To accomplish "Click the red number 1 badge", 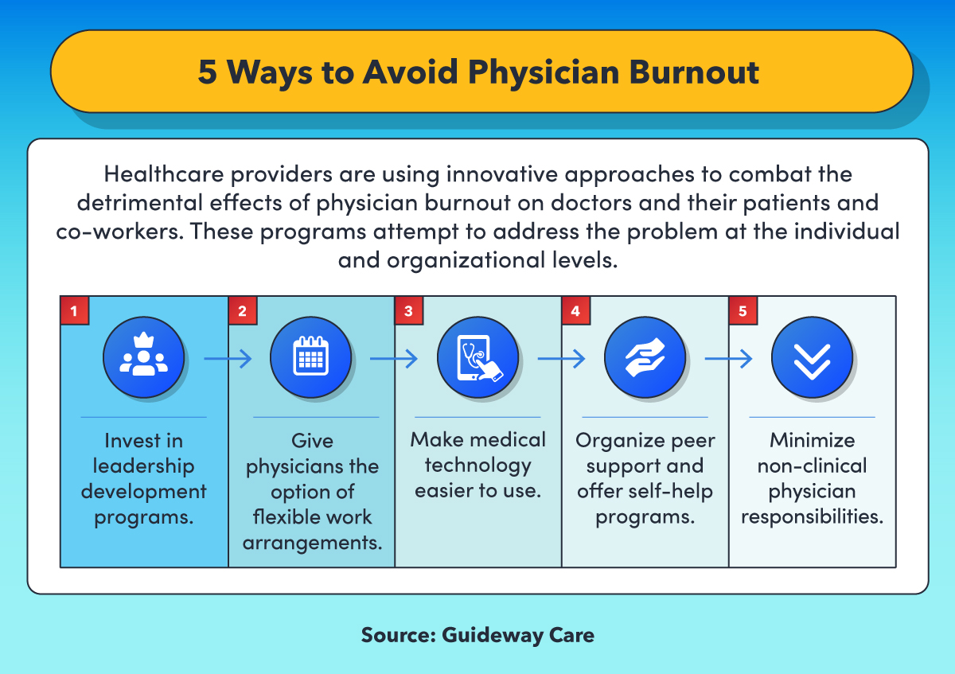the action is point(75,310).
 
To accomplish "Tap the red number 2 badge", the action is point(243,310).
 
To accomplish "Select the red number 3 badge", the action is point(409,310).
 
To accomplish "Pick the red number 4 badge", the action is point(576,310).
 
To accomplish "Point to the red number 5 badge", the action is point(743,310).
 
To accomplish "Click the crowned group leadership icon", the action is point(144,357).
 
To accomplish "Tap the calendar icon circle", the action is point(311,357).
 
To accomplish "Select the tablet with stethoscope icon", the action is point(478,357).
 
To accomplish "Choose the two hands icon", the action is point(645,357).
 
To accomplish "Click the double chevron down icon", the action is point(813,357).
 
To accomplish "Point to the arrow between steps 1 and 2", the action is point(228,359).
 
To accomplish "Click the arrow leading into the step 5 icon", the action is point(729,359).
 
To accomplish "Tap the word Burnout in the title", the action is point(694,72).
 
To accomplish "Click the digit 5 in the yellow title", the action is point(208,72).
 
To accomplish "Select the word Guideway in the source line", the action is point(492,635).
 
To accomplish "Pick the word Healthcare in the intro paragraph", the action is point(164,174).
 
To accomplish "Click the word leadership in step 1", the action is point(144,466).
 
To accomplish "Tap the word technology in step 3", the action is point(478,466).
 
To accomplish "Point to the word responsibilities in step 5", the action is point(813,516).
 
